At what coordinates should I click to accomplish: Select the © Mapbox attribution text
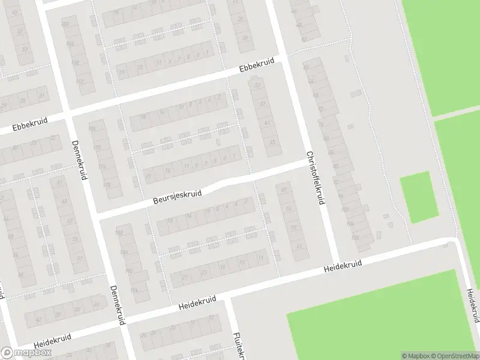[x=415, y=356]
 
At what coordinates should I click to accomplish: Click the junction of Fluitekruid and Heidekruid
[x=227, y=296]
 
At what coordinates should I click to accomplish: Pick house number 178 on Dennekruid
[x=107, y=185]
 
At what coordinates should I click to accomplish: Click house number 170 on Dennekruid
[x=97, y=147]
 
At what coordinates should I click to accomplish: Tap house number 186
[x=124, y=252]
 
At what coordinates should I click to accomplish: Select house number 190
[x=128, y=271]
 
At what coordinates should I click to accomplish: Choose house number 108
[x=355, y=238]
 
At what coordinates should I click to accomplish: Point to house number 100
[x=344, y=209]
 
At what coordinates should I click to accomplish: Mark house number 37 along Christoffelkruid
[x=262, y=104]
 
